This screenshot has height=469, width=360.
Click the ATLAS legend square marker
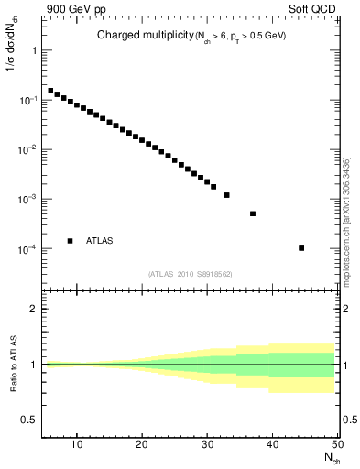70,241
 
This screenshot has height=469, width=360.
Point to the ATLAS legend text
100,241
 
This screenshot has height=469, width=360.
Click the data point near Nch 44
301,248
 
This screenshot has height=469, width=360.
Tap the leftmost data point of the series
50,91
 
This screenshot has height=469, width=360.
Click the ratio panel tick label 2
32,309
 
